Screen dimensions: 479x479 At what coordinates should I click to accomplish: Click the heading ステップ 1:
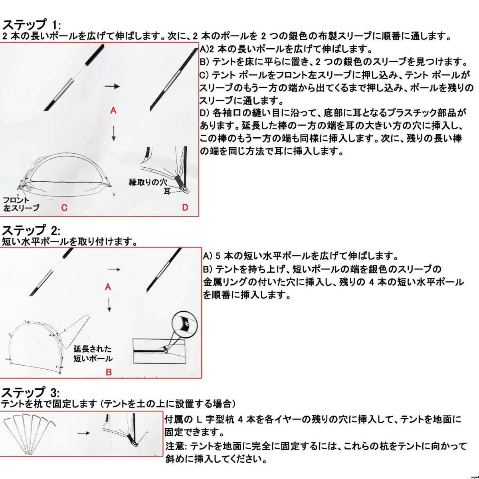[x=32, y=25]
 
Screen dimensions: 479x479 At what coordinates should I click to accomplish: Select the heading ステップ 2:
[x=32, y=230]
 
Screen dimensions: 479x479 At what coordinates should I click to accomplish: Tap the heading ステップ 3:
[x=32, y=392]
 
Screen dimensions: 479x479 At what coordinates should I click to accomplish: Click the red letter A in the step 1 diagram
[x=113, y=111]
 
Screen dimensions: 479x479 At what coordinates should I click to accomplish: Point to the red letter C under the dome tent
[x=64, y=208]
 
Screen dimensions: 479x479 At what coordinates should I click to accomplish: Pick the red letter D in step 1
[x=185, y=208]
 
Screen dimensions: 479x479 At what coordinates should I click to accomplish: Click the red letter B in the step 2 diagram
[x=109, y=372]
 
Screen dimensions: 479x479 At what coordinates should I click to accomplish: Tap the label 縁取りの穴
[x=148, y=182]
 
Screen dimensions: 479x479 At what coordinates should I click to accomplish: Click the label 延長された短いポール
[x=93, y=354]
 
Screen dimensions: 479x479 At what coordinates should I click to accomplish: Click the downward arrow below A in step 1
[x=114, y=133]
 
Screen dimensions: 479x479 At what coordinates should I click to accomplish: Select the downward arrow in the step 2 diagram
[x=109, y=306]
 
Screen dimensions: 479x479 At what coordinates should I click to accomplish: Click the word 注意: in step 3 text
[x=175, y=446]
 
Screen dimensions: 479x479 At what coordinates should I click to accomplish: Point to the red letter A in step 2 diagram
[x=107, y=287]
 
